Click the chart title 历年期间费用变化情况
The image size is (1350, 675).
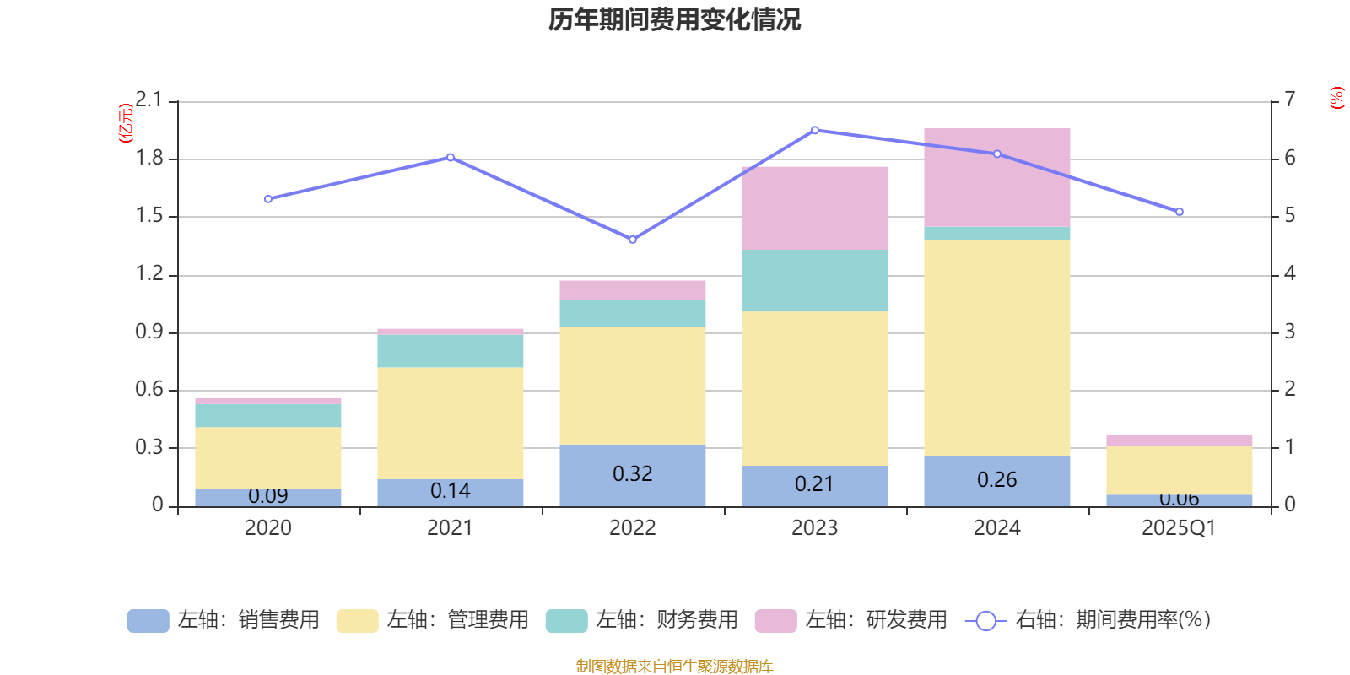[x=674, y=19]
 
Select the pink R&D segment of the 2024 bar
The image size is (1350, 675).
[x=996, y=177]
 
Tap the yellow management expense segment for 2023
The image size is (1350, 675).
[x=814, y=388]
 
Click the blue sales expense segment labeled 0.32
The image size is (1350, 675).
[x=632, y=474]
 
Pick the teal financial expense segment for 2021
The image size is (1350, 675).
[x=450, y=351]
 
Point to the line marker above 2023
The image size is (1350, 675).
[x=814, y=130]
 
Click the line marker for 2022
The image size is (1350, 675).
[x=632, y=240]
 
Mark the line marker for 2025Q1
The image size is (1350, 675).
[x=1179, y=212]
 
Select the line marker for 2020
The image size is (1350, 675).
[x=267, y=199]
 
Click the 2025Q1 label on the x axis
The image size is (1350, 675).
[x=1179, y=528]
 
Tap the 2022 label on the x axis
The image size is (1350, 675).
[x=632, y=528]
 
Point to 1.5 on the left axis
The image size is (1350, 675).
[x=149, y=216]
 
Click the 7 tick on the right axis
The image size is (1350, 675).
[x=1289, y=100]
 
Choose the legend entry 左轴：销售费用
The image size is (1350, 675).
[x=224, y=620]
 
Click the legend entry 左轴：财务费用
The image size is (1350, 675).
[x=642, y=620]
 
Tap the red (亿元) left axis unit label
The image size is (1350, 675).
[x=126, y=123]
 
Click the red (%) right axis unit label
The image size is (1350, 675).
[x=1336, y=98]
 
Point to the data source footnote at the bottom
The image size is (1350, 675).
[x=674, y=667]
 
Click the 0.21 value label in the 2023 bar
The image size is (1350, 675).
[x=814, y=484]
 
